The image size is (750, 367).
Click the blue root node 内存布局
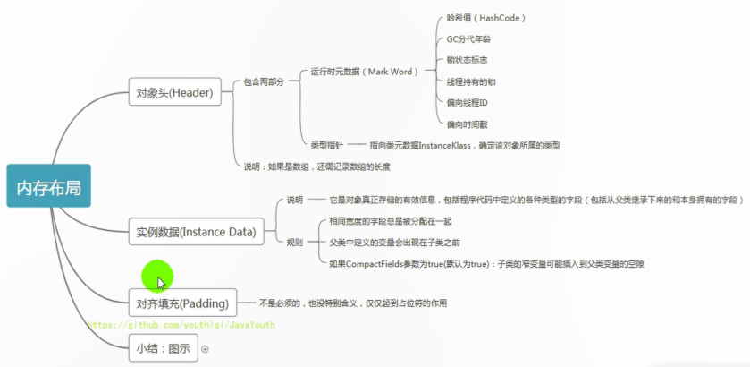(x=48, y=186)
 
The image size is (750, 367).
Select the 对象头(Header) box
(x=173, y=93)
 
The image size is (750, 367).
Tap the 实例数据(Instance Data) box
(x=195, y=232)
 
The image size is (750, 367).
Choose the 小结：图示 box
(x=163, y=347)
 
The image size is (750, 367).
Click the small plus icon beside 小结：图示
(x=205, y=348)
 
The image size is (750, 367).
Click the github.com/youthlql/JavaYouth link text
(x=181, y=325)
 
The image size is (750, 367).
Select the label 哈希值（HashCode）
(x=485, y=18)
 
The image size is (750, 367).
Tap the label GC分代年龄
(x=468, y=39)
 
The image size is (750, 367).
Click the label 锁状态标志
(x=467, y=60)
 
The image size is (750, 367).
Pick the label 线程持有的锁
(x=471, y=81)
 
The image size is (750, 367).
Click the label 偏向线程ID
(x=467, y=103)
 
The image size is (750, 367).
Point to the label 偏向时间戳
(x=467, y=124)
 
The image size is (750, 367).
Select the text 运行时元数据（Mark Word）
(x=364, y=72)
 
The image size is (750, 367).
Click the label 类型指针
(x=325, y=144)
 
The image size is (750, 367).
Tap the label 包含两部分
(x=264, y=81)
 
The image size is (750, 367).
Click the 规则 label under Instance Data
(x=294, y=242)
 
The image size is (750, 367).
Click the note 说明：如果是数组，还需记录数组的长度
(x=316, y=166)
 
